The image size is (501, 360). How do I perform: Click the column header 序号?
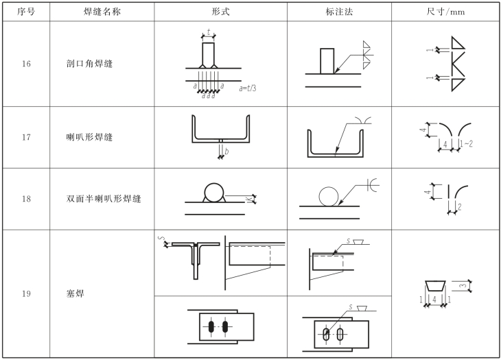click(x=25, y=12)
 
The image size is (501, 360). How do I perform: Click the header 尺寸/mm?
click(x=446, y=12)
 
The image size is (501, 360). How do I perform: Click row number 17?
click(x=25, y=137)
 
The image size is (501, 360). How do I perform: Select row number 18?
click(x=25, y=199)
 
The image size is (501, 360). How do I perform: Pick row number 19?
click(x=25, y=294)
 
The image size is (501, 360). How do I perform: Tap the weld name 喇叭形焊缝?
click(x=85, y=137)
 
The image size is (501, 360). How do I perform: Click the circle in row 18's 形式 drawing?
click(x=214, y=193)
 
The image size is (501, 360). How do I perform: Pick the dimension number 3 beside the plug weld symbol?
click(x=463, y=285)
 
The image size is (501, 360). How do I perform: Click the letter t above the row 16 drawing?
click(x=208, y=32)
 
